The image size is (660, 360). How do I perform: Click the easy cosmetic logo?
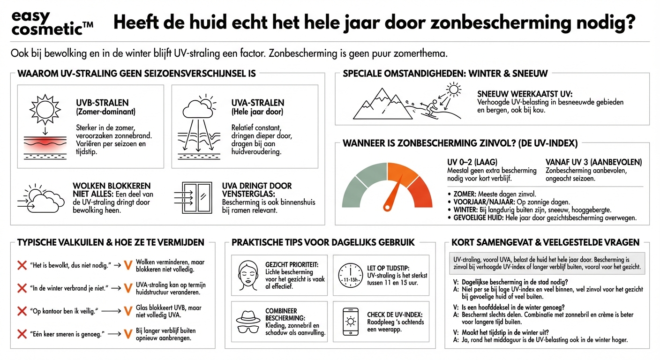(x=52, y=23)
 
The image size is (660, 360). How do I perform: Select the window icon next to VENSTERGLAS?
(x=197, y=197)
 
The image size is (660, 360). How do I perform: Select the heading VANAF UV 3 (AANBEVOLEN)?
(x=594, y=162)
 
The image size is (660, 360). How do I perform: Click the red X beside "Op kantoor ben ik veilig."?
(x=22, y=311)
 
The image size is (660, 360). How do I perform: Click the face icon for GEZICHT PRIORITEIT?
(x=248, y=275)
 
